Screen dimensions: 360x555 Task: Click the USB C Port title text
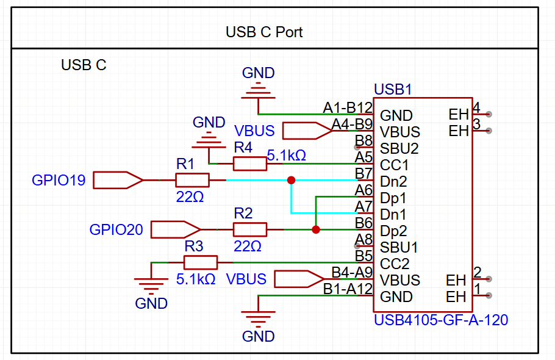point(264,32)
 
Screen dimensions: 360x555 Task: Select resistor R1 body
point(192,180)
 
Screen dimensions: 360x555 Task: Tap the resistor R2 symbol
point(250,229)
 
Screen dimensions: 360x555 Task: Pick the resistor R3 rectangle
point(201,262)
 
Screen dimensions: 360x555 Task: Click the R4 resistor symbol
point(250,163)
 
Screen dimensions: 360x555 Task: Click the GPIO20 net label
point(116,229)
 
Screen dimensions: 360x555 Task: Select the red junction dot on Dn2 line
point(291,180)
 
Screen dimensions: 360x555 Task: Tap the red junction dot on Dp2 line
point(315,230)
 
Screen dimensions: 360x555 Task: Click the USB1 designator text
point(393,90)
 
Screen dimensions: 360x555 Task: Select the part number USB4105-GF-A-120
point(441,319)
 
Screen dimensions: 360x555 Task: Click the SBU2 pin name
point(399,148)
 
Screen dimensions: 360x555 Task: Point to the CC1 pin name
point(394,165)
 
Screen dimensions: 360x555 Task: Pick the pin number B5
point(363,256)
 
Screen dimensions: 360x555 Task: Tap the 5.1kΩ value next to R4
point(287,155)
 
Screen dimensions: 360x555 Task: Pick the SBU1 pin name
point(399,248)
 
